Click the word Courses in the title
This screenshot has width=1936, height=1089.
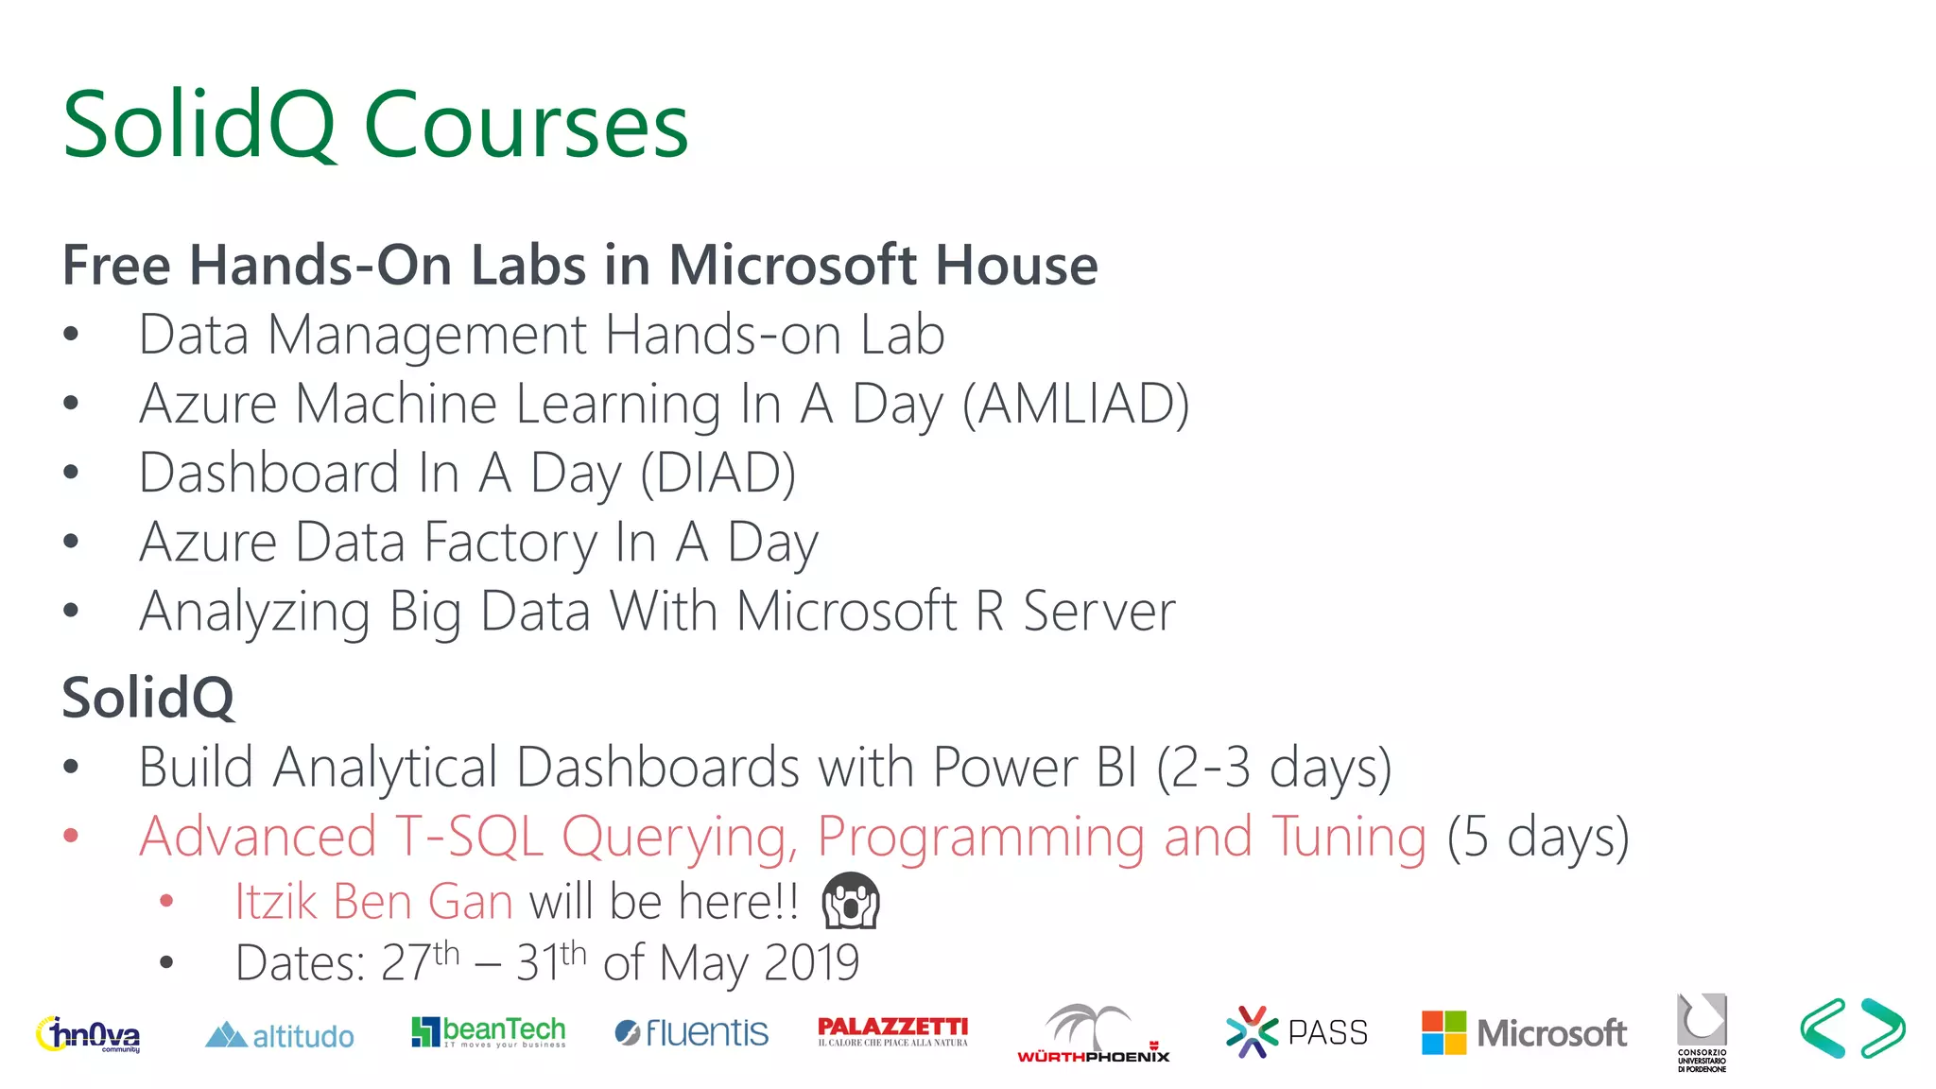(526, 126)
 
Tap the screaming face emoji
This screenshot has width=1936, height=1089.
(850, 900)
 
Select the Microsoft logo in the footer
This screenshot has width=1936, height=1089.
(1524, 1032)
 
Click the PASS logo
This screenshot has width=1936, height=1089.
(1296, 1032)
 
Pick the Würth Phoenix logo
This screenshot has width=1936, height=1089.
(1093, 1034)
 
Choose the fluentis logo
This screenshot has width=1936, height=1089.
(691, 1032)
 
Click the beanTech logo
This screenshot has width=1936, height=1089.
(488, 1031)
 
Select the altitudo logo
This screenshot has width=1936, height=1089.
(280, 1036)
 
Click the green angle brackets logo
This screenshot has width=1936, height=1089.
(1852, 1028)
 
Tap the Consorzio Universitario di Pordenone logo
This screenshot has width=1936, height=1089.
(1702, 1032)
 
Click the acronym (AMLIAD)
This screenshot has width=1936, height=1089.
(1076, 404)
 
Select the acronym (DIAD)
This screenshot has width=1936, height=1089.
(717, 473)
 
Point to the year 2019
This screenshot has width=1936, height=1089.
(811, 963)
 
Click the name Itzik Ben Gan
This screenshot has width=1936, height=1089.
(373, 901)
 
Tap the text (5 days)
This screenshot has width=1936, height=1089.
(1538, 837)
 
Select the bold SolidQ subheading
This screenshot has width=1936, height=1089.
(147, 698)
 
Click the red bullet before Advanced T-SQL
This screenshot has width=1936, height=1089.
(71, 836)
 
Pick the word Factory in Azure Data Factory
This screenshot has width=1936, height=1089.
(510, 543)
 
